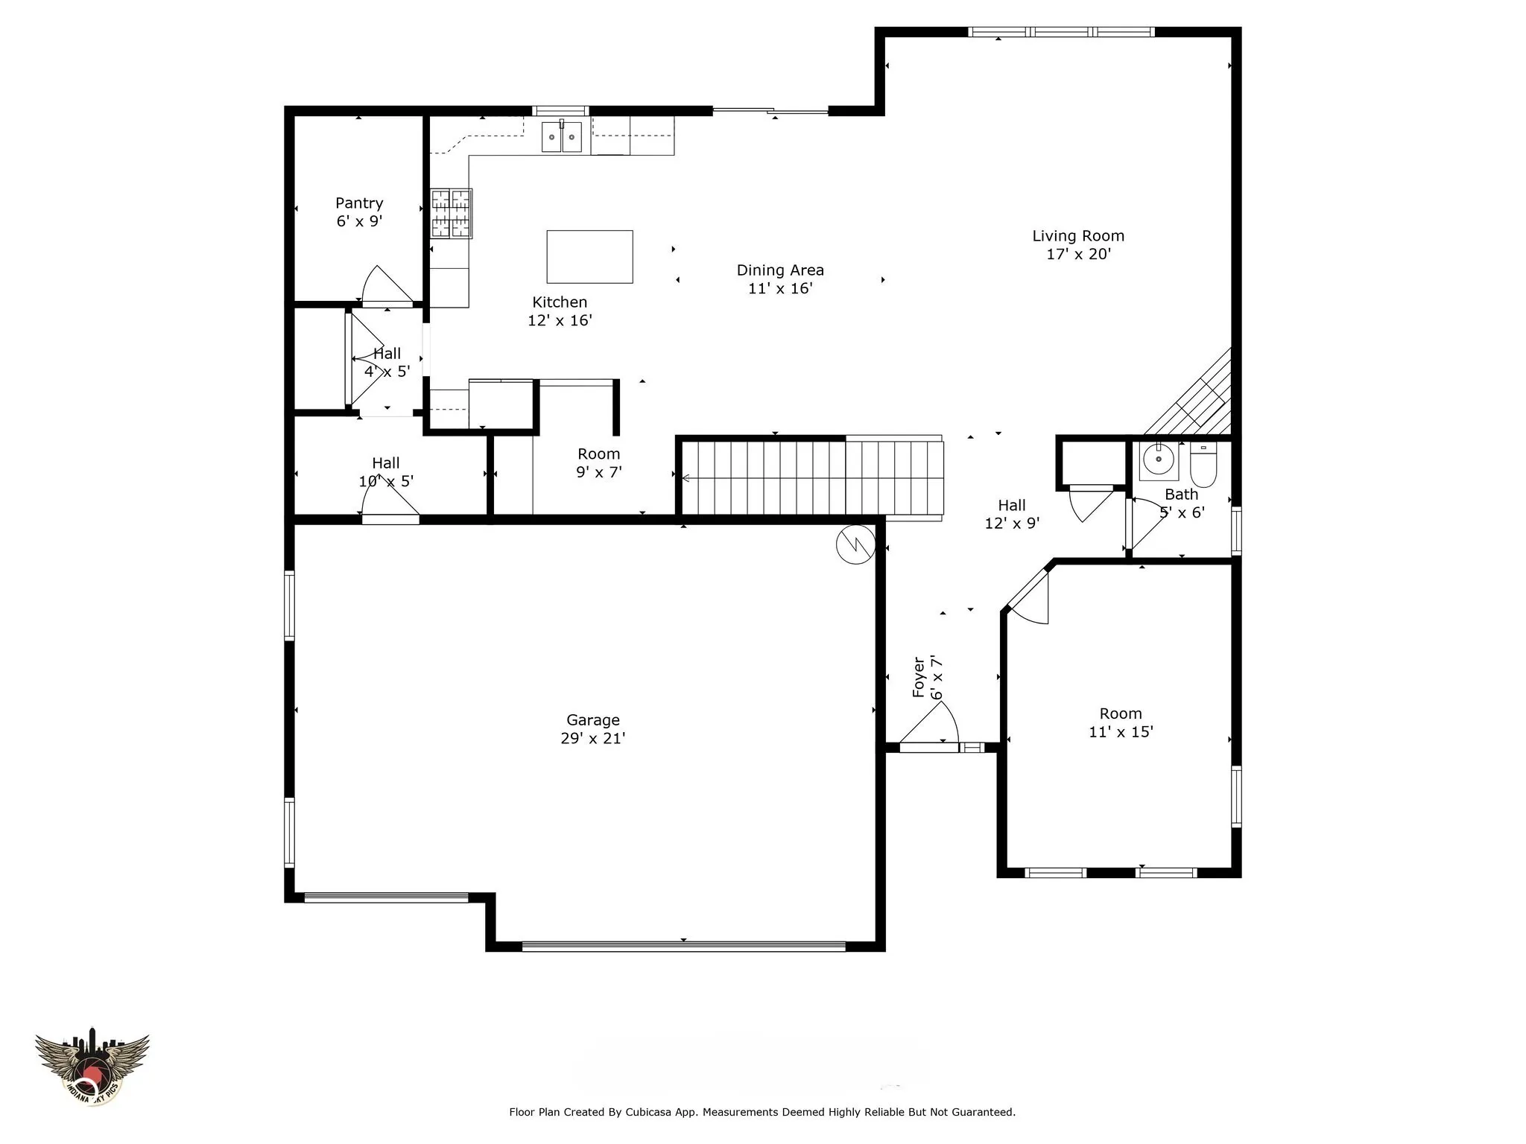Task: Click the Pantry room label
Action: [359, 203]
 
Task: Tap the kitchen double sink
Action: [561, 137]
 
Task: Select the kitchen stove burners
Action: [452, 214]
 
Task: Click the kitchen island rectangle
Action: [589, 257]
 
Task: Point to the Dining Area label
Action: [780, 270]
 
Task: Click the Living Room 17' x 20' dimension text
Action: [1078, 254]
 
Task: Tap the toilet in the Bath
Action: [1203, 463]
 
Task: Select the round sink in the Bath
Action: [1158, 460]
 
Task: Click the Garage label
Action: [593, 720]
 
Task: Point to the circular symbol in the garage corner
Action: [855, 544]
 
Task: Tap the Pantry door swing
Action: [387, 286]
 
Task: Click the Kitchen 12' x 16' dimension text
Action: [560, 321]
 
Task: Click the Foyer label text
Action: [919, 677]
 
